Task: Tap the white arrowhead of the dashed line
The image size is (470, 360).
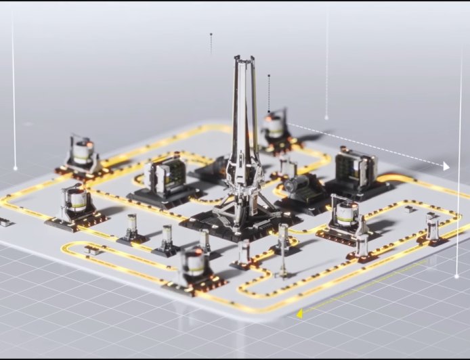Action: coord(446,166)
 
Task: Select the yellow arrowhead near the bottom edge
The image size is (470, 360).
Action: coord(299,313)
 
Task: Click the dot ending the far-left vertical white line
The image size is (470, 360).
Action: coord(15,168)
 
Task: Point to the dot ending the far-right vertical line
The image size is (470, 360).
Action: coord(457,276)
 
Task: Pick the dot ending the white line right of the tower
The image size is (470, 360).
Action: coord(326,118)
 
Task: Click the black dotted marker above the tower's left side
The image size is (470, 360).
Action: coord(211,34)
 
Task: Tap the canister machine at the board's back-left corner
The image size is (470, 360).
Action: coord(82,155)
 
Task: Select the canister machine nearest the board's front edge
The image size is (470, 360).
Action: coord(194,265)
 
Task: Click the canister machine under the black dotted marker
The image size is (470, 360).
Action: coord(274,129)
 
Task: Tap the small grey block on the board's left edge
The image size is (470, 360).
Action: coord(5,222)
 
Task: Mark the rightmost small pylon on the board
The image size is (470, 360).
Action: coord(431,227)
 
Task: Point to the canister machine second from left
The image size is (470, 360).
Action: coord(75,203)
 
